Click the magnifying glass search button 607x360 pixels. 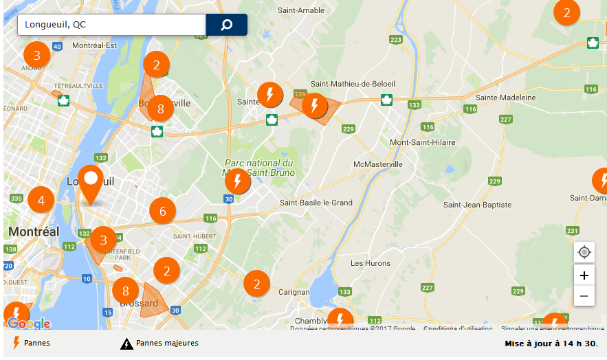(x=226, y=25)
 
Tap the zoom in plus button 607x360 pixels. (x=584, y=275)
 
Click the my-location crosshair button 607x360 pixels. (x=584, y=252)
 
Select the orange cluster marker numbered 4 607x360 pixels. (x=41, y=201)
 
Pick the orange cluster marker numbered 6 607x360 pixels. (x=163, y=211)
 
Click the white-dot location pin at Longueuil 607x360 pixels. (x=90, y=181)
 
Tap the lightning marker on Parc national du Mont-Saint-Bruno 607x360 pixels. (x=238, y=182)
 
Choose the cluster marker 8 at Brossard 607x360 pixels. (x=125, y=290)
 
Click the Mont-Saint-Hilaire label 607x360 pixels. (x=422, y=142)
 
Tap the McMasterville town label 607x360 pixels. (x=377, y=165)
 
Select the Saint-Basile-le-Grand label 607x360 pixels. (x=316, y=203)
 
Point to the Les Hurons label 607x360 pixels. (x=371, y=263)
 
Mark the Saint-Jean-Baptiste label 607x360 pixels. (x=477, y=205)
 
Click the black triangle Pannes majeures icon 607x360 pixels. (x=126, y=344)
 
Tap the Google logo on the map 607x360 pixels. (x=29, y=324)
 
